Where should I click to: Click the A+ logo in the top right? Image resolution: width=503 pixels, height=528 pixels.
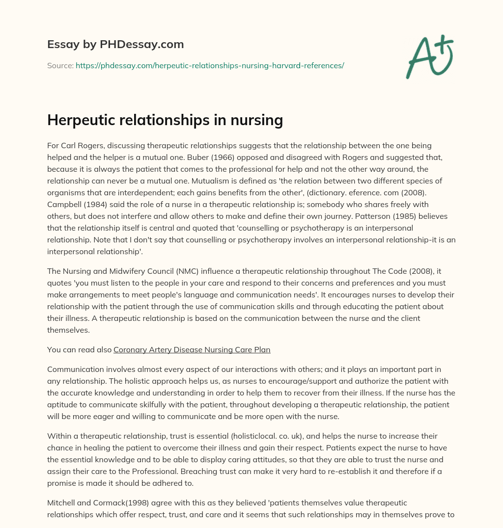click(x=429, y=56)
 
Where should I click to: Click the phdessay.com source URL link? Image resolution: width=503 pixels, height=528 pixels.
click(x=210, y=65)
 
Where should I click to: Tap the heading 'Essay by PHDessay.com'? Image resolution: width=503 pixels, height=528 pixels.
click(x=115, y=44)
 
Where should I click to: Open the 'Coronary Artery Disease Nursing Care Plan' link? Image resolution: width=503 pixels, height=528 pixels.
click(x=192, y=350)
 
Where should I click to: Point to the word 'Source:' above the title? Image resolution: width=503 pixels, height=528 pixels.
click(x=60, y=65)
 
